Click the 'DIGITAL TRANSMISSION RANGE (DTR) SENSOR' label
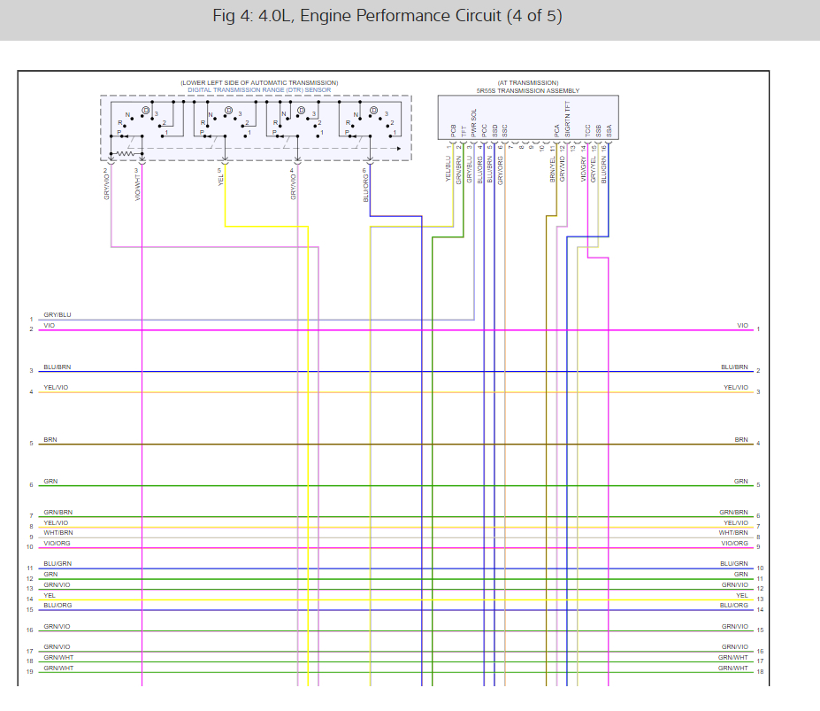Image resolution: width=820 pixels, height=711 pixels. click(x=259, y=90)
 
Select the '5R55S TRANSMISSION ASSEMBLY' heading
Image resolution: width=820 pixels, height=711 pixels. click(x=527, y=90)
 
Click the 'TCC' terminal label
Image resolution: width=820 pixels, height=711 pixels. click(x=588, y=130)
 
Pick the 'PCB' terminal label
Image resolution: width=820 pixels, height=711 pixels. click(x=452, y=131)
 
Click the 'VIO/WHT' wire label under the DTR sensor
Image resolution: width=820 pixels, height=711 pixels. click(x=138, y=184)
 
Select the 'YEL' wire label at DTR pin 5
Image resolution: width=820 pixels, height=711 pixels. click(x=220, y=178)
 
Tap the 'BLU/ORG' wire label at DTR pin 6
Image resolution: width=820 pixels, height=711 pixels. click(x=365, y=183)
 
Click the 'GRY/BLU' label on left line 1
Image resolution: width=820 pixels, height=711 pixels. click(x=57, y=315)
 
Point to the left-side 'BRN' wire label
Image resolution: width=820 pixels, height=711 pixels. click(x=50, y=439)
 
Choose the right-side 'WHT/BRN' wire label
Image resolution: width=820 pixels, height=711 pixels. click(x=733, y=533)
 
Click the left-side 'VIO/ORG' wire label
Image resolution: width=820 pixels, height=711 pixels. click(x=57, y=543)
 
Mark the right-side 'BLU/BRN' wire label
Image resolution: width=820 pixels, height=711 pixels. click(x=734, y=367)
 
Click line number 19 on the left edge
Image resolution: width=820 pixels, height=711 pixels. click(x=29, y=672)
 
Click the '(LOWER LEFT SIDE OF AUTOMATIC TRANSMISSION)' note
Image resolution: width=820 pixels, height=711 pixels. click(x=259, y=82)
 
